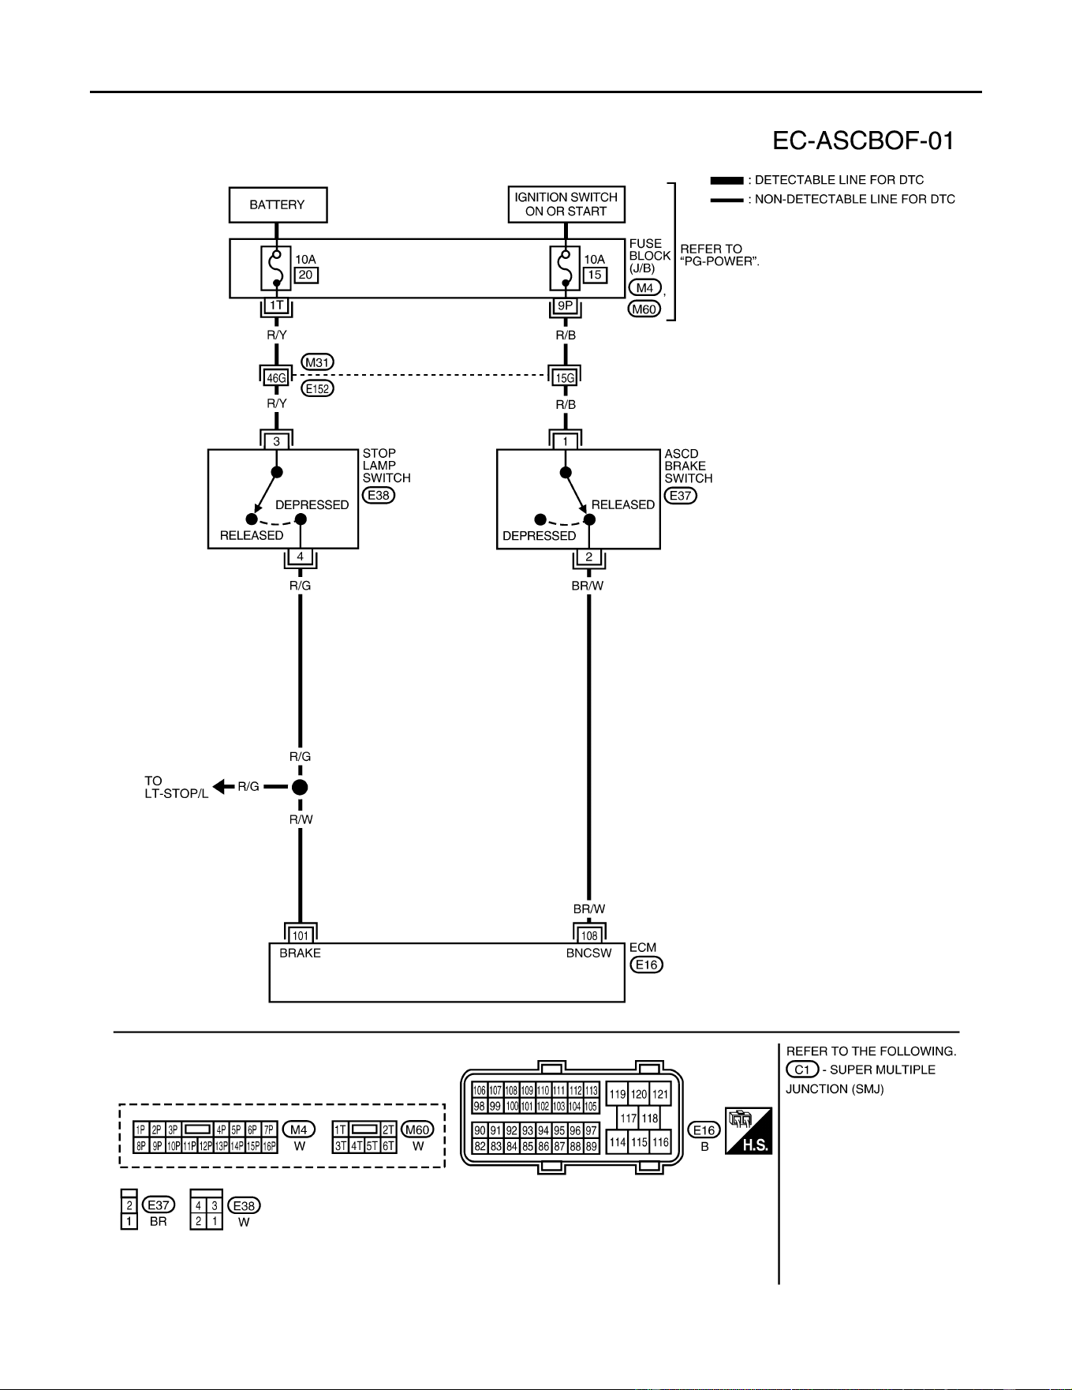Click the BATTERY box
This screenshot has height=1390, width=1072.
tap(278, 205)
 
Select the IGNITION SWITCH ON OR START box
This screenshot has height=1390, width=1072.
tap(566, 204)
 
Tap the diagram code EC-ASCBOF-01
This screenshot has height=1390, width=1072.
tap(863, 141)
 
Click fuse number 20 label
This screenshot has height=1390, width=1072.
tap(306, 275)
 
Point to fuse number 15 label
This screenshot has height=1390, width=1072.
tap(595, 275)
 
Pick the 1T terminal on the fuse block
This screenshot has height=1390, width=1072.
tap(276, 305)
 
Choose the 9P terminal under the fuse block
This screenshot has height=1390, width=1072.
tap(566, 305)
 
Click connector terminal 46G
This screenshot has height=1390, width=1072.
tap(276, 378)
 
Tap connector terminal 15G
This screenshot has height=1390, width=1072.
tap(565, 378)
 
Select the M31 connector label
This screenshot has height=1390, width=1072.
tap(318, 362)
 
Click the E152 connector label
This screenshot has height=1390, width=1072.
tap(318, 388)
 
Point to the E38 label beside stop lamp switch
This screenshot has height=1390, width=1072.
tap(379, 496)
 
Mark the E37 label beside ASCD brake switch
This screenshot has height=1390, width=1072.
tap(681, 496)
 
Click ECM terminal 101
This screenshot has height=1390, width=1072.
tap(301, 936)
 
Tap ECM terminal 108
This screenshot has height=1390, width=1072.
tap(589, 936)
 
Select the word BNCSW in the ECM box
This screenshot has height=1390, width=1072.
tap(588, 954)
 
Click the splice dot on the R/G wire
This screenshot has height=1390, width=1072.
tap(300, 787)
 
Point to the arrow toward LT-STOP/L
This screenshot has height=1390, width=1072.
tap(224, 787)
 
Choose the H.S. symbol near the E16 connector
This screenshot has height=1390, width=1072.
tap(749, 1130)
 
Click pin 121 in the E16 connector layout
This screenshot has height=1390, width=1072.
tap(660, 1094)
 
